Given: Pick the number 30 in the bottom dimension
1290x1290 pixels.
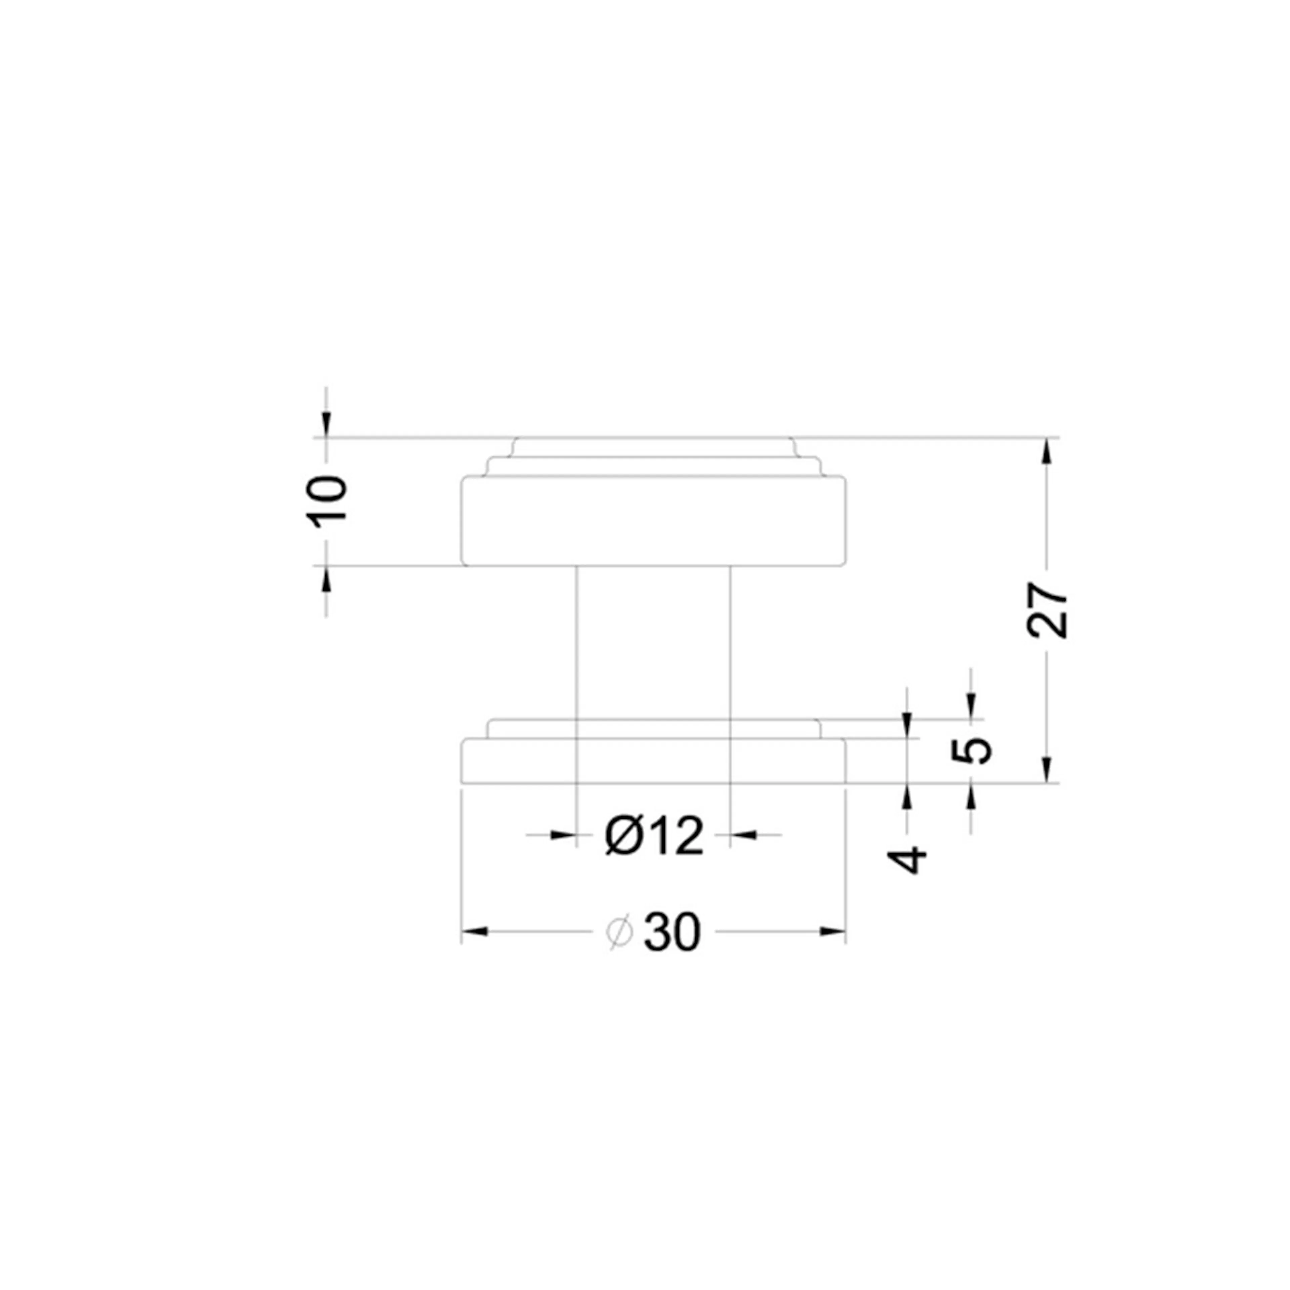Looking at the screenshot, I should pyautogui.click(x=672, y=933).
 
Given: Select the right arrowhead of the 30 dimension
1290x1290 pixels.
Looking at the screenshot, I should pyautogui.click(x=833, y=932).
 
